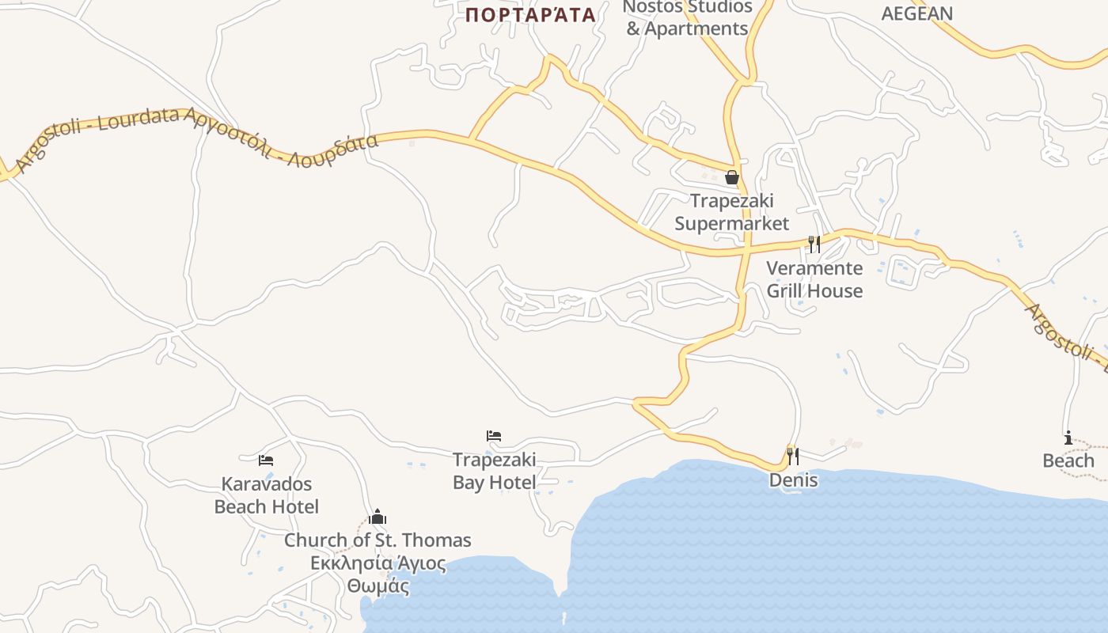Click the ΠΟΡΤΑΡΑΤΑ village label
click(x=529, y=14)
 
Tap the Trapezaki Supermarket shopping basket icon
click(x=732, y=177)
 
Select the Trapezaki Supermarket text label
click(x=732, y=212)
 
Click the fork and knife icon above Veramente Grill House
click(x=814, y=244)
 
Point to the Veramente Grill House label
click(x=814, y=279)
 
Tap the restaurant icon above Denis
click(x=792, y=456)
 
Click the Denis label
click(x=793, y=480)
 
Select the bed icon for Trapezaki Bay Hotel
click(x=494, y=436)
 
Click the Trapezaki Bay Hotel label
click(x=494, y=471)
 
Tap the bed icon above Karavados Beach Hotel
click(x=266, y=460)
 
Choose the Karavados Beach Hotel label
click(x=267, y=495)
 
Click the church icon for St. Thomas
click(x=378, y=517)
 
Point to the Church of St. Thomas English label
click(x=378, y=540)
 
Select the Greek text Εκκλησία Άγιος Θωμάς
click(x=378, y=575)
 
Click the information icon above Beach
click(x=1068, y=438)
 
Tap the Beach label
click(x=1068, y=461)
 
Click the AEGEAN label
click(x=916, y=13)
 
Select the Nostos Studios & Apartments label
click(x=687, y=18)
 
